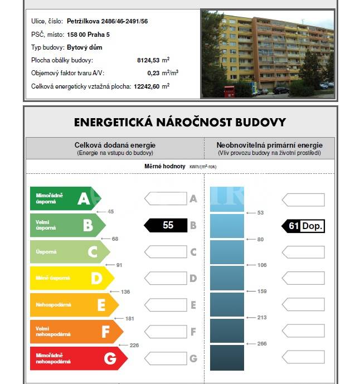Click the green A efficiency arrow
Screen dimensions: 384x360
coord(64,198)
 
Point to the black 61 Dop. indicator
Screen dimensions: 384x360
coord(303,226)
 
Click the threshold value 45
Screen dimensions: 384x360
coord(110,212)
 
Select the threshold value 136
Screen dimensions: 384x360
coord(125,291)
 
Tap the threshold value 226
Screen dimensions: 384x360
coord(134,345)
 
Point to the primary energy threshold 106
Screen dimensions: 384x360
coord(262,265)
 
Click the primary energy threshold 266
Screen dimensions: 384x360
coord(262,344)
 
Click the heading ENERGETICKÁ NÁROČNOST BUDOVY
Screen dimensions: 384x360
coord(180,122)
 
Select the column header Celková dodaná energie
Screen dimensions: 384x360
coord(115,145)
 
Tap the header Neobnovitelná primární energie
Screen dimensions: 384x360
coord(270,145)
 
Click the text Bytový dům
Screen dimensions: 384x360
coord(85,47)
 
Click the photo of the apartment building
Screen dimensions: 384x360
coord(267,53)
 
